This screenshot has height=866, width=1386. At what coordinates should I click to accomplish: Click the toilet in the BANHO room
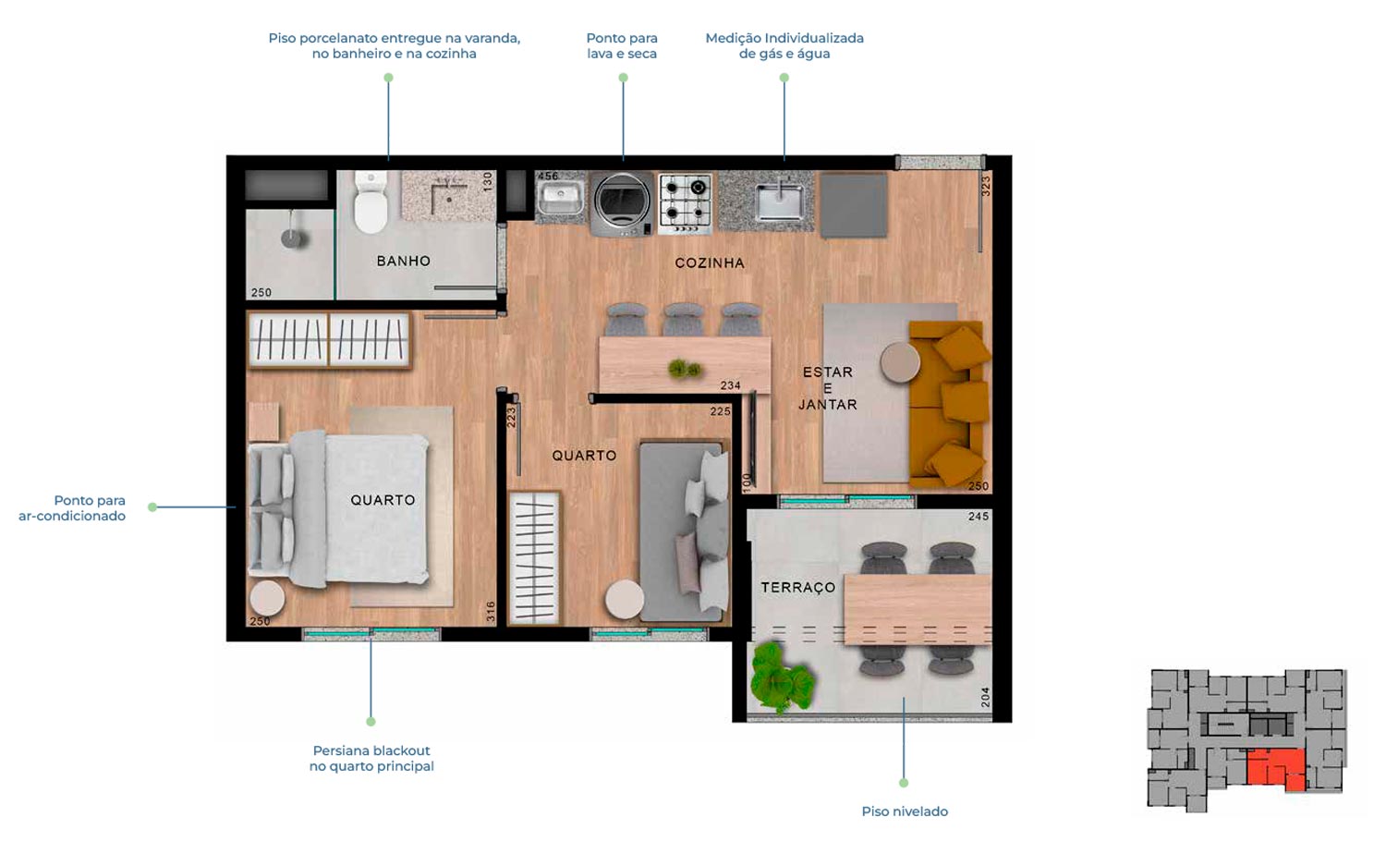(371, 202)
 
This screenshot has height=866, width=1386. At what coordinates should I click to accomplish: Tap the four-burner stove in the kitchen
(685, 204)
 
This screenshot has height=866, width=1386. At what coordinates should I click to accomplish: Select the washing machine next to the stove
(622, 203)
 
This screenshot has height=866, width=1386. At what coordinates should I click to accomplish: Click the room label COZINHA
(709, 263)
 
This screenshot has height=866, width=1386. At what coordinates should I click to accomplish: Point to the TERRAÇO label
(798, 588)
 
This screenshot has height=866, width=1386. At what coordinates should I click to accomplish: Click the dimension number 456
(548, 176)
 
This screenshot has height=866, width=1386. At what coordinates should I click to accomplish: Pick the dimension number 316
(491, 612)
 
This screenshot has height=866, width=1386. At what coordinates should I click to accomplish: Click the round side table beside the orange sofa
(900, 362)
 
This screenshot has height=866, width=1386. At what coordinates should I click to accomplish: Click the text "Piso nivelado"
(905, 811)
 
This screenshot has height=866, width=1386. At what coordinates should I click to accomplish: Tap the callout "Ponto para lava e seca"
(622, 46)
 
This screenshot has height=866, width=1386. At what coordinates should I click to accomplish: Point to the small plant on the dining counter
(685, 369)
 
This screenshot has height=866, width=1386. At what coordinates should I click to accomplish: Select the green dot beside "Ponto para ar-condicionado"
(152, 507)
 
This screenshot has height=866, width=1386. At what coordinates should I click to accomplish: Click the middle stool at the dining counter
(684, 319)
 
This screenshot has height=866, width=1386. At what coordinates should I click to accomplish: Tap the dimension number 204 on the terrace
(985, 698)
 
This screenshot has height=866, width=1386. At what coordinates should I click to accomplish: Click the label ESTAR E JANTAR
(827, 389)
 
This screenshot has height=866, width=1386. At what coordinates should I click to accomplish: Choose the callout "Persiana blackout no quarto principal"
(371, 758)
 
